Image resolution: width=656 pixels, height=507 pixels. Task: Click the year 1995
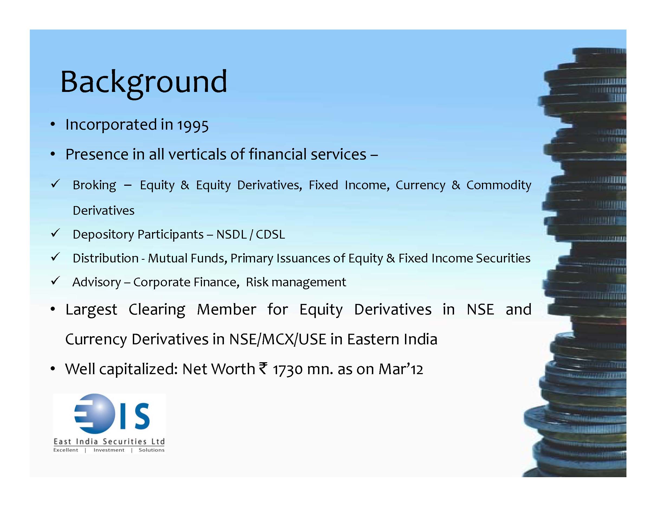point(192,125)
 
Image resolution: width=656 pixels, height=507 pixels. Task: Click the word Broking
point(94,185)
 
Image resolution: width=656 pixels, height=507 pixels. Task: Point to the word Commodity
point(499,185)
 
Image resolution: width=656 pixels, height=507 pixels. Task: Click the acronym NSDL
point(231,234)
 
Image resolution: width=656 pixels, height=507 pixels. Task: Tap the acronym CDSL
point(270,234)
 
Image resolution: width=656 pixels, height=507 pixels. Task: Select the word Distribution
point(105,258)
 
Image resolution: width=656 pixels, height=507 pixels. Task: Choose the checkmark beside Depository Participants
point(56,233)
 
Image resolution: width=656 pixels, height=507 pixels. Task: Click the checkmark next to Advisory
point(56,281)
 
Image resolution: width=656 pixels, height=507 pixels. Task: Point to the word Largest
point(91,310)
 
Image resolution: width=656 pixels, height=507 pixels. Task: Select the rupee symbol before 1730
point(263,368)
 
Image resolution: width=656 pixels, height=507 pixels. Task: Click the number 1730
point(287,369)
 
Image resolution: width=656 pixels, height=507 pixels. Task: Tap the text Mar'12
point(401,369)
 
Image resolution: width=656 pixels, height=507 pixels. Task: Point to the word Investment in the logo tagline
point(109,450)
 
